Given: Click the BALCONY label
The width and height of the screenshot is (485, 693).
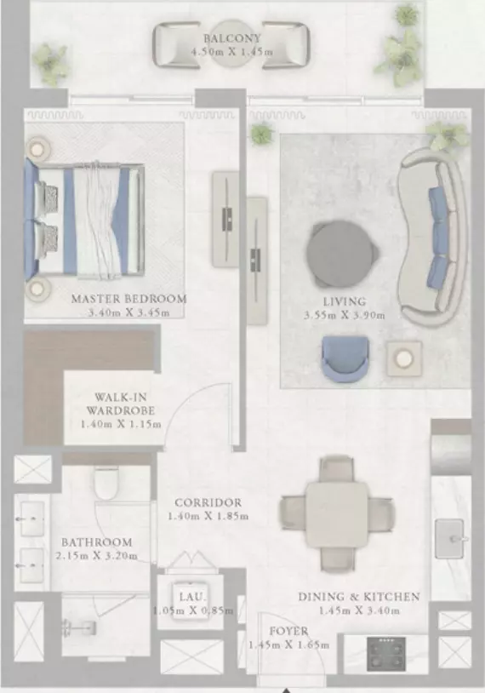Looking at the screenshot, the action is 232,38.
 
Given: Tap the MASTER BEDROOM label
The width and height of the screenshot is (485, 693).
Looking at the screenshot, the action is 129,299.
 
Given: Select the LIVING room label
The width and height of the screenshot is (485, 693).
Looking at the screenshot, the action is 345,301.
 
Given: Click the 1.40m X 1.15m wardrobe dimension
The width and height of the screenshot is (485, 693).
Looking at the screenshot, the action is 121,424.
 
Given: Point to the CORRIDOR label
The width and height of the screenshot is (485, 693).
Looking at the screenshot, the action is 208,502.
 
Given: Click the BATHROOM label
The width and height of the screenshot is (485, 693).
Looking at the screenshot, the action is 97,542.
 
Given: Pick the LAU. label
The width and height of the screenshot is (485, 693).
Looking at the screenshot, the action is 192,597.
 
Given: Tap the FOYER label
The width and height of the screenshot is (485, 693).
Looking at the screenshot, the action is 289,631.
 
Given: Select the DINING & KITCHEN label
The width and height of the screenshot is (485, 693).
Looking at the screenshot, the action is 359,597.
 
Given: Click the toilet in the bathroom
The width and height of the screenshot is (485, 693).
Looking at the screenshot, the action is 106,483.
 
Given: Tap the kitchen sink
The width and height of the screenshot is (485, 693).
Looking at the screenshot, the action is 449,539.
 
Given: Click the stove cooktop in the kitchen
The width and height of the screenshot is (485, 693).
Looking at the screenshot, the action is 386,654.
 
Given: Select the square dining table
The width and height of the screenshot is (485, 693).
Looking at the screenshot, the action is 338,514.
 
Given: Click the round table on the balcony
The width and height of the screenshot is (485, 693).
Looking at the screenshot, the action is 231,44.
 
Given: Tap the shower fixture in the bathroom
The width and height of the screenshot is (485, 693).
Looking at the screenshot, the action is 79,627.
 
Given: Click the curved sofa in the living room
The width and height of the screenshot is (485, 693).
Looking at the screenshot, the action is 433,237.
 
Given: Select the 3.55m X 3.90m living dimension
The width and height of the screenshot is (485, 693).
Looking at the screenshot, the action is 344,315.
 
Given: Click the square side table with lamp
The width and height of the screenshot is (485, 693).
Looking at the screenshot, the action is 404,358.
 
